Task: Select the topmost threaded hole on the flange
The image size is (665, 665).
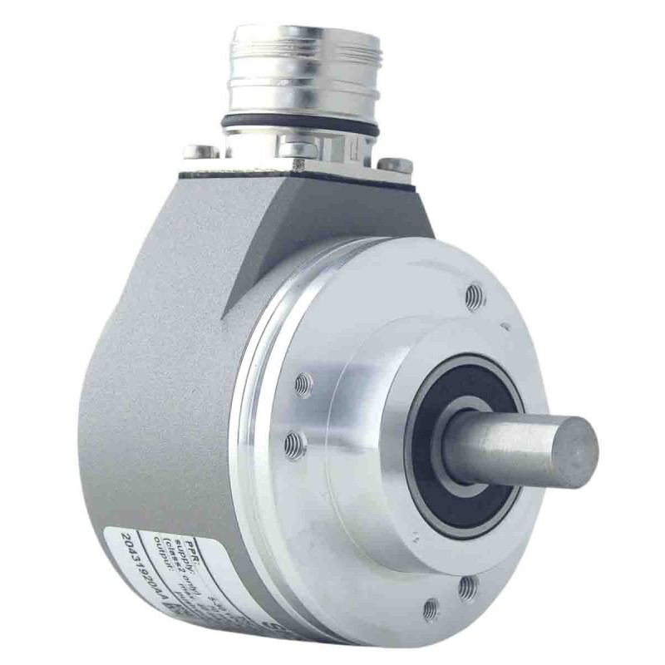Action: [475, 295]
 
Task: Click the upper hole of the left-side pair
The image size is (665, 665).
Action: [304, 385]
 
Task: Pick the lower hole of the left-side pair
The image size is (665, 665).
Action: [293, 445]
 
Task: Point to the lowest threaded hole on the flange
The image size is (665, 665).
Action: [431, 611]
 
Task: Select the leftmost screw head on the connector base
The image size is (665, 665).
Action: [202, 151]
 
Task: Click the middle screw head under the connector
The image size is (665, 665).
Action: [299, 149]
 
